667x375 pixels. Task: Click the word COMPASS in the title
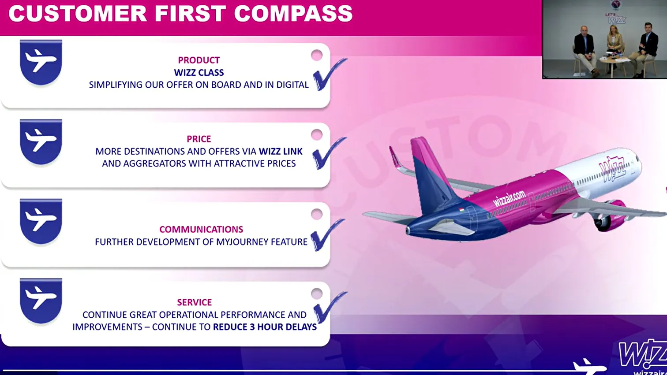point(293,13)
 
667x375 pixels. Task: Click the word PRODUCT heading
point(199,60)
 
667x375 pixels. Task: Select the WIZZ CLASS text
point(199,73)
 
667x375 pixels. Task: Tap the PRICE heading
point(199,139)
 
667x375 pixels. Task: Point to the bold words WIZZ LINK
point(281,152)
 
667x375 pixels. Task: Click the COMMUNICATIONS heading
point(201,229)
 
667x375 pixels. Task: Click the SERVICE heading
point(195,302)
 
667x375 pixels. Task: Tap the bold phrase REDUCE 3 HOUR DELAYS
point(265,327)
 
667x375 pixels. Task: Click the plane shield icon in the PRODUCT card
point(41,62)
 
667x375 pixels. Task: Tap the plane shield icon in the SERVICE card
point(41,301)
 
